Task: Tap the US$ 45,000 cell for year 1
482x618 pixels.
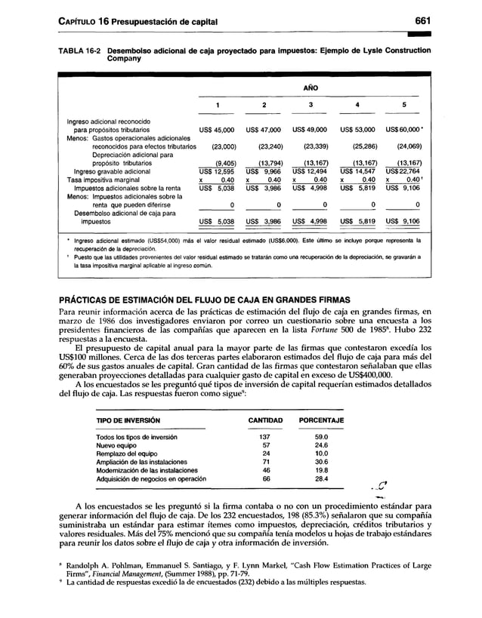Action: (x=218, y=130)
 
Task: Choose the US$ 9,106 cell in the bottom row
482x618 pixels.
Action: (x=408, y=222)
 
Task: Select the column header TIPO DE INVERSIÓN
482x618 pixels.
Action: (x=122, y=420)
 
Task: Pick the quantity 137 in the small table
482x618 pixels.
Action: (x=264, y=436)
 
